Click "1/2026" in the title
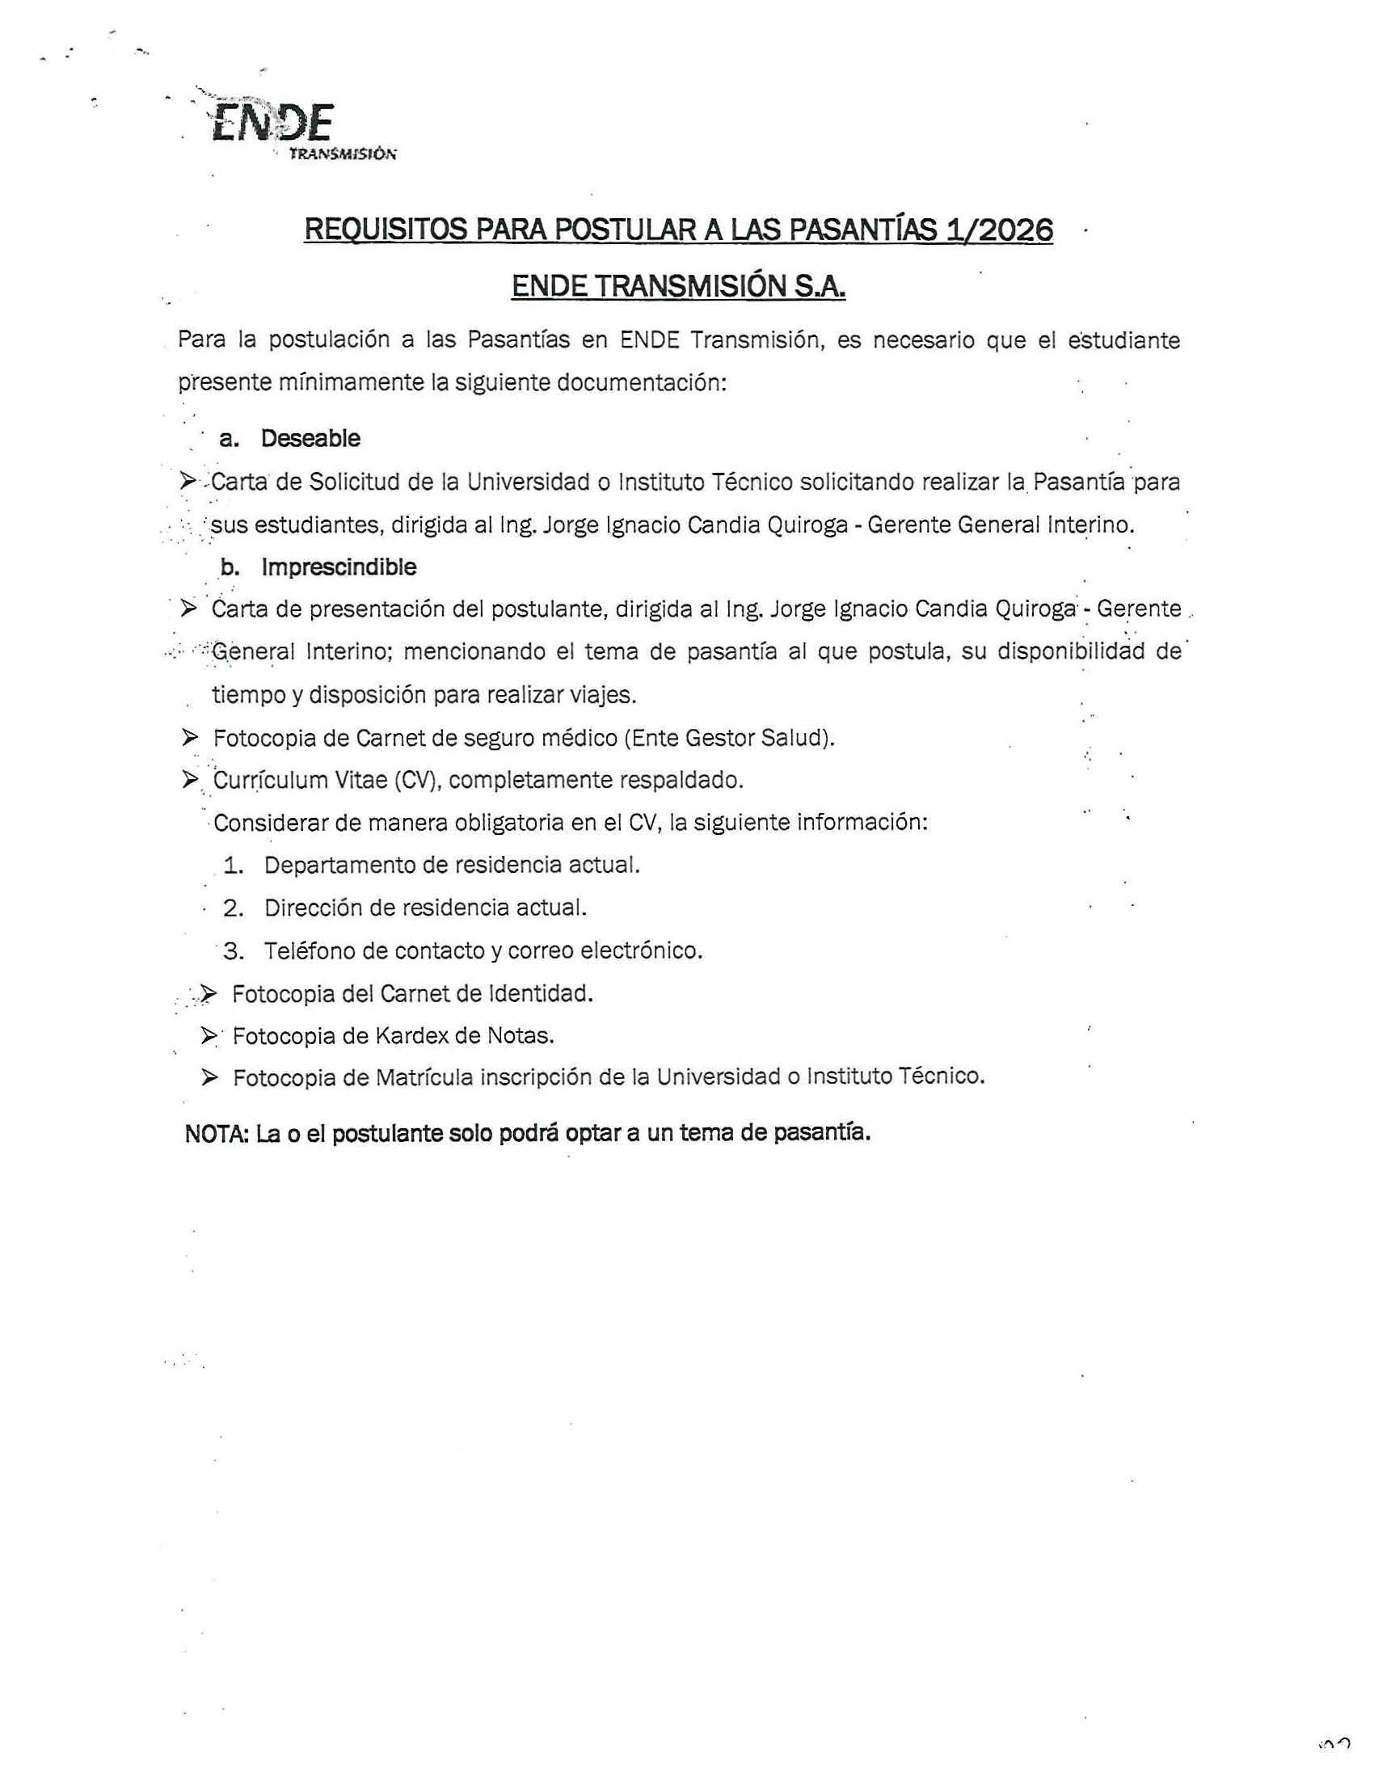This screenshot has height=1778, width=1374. coord(998,230)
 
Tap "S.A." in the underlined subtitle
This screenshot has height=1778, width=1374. coord(820,287)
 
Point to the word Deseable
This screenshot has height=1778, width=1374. coord(310,439)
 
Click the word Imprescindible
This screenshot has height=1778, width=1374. coord(339,567)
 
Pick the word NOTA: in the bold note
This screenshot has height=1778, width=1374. coord(216,1134)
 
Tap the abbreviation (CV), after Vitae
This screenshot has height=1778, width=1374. coord(419,781)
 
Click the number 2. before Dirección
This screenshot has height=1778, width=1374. coord(234,908)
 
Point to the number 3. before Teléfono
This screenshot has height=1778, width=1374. coord(234,951)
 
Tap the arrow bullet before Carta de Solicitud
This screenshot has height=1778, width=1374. coord(188,482)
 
